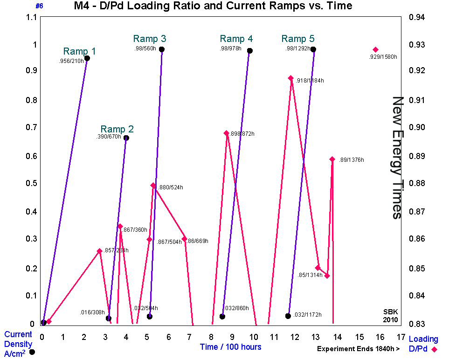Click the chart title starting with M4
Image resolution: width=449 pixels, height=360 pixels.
213,6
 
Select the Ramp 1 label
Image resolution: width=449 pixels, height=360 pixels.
80,51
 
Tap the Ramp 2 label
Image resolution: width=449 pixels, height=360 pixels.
117,129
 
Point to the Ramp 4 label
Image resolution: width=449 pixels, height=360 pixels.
236,39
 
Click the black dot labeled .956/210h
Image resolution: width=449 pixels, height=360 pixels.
87,58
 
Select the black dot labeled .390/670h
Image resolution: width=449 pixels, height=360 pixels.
126,138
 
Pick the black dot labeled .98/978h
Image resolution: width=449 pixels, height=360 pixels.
250,51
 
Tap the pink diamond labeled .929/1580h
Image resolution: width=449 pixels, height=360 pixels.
375,50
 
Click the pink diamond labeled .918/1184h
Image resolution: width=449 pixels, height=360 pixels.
291,78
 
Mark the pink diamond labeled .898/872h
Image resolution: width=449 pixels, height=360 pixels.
227,133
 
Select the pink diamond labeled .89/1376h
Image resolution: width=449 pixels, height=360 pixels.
332,159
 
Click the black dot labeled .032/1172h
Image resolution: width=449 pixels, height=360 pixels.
288,316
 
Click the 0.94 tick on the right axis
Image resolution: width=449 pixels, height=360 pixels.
417,18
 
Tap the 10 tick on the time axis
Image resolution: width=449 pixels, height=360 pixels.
254,337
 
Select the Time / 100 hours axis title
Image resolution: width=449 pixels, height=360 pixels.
230,347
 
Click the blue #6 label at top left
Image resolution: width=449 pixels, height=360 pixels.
39,6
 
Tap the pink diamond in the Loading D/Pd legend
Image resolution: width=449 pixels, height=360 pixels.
435,349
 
